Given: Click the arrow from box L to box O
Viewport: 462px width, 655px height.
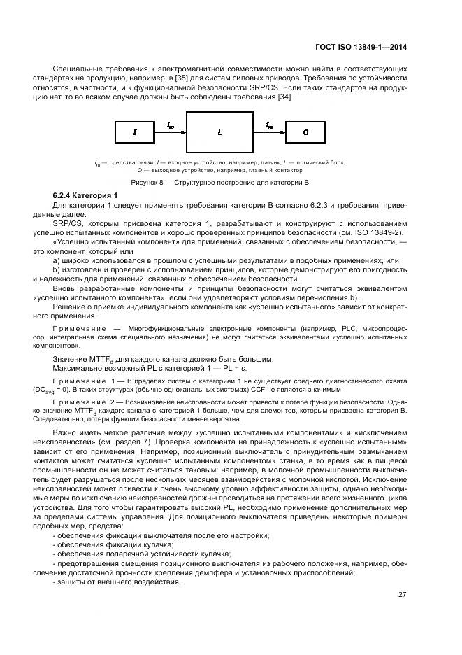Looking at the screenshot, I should point(269,131).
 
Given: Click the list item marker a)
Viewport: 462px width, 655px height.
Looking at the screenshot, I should point(56,260).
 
